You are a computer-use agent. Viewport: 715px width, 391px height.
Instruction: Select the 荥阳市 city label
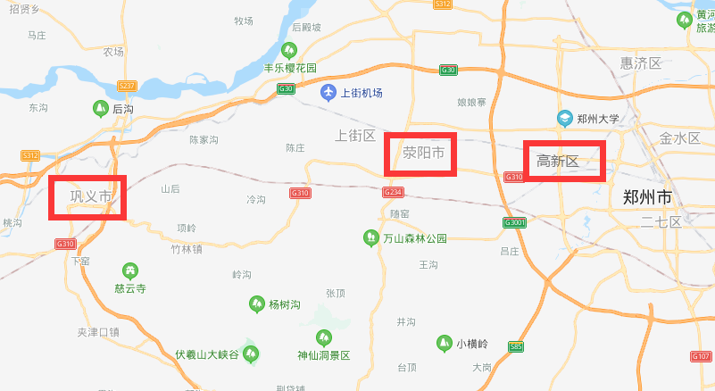click(x=423, y=153)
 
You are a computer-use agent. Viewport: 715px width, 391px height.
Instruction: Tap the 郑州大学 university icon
click(x=564, y=118)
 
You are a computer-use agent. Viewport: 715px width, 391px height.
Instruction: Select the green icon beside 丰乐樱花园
click(x=288, y=50)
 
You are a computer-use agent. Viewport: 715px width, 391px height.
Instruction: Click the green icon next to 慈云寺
click(x=130, y=270)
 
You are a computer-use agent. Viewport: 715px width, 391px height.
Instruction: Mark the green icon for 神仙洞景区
click(x=323, y=337)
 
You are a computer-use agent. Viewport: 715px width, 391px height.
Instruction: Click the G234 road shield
click(x=393, y=192)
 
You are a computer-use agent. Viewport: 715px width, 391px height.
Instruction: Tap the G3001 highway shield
click(x=515, y=222)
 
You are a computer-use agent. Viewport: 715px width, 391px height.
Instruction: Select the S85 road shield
click(x=515, y=346)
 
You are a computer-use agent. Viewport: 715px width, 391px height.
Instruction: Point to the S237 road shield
click(x=127, y=86)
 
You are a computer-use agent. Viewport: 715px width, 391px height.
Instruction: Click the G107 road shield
click(x=701, y=356)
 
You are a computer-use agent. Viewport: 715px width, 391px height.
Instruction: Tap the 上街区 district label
click(x=354, y=136)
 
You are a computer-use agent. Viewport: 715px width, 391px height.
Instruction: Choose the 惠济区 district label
click(x=641, y=62)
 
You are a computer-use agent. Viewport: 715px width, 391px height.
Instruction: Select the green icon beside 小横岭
click(x=443, y=343)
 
